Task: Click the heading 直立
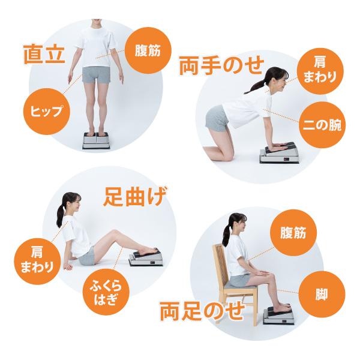[44, 55]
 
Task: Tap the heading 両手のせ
[221, 65]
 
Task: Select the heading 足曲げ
[135, 197]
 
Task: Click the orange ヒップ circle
[46, 112]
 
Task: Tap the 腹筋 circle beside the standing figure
[148, 50]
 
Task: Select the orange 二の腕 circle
[322, 125]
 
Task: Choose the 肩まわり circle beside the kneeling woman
[320, 71]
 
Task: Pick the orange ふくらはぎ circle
[106, 292]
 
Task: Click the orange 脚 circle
[322, 295]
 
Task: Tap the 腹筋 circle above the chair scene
[293, 233]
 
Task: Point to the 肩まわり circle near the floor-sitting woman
[37, 261]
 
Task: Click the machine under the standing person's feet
[96, 141]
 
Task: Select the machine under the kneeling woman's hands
[279, 153]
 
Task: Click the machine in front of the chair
[278, 315]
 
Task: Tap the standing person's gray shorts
[97, 74]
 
